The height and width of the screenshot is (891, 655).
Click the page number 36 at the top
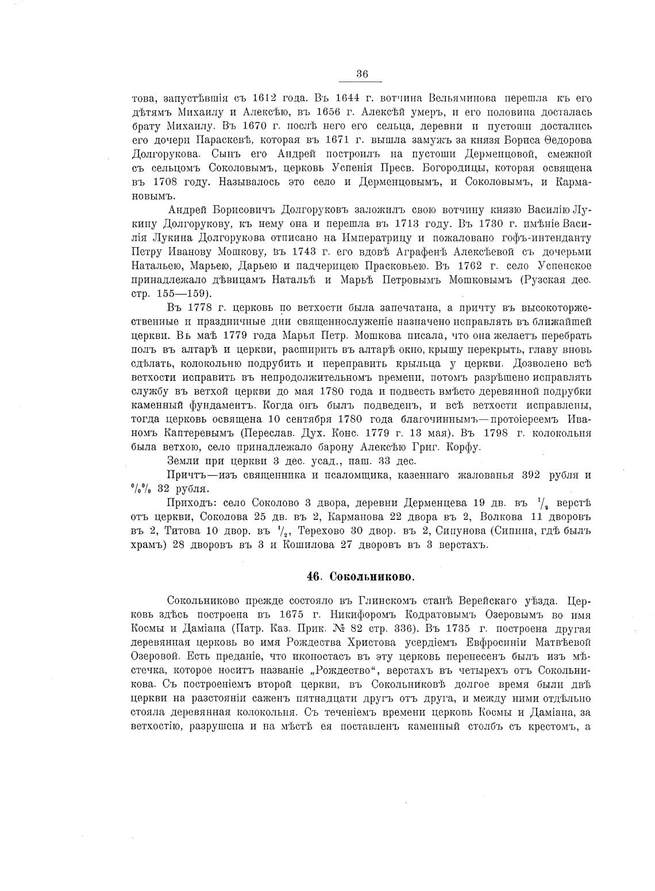coord(362,74)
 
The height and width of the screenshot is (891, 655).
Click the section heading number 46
coord(314,576)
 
